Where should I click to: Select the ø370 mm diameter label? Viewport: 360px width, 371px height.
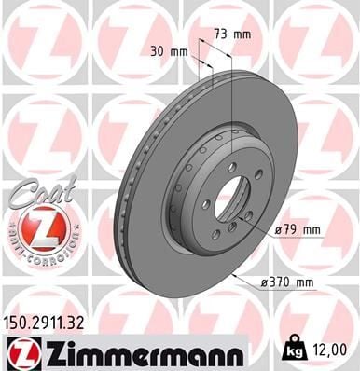tap(290, 280)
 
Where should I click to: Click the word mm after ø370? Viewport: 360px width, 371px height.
tap(306, 280)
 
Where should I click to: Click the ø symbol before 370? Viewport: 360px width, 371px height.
tap(265, 280)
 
